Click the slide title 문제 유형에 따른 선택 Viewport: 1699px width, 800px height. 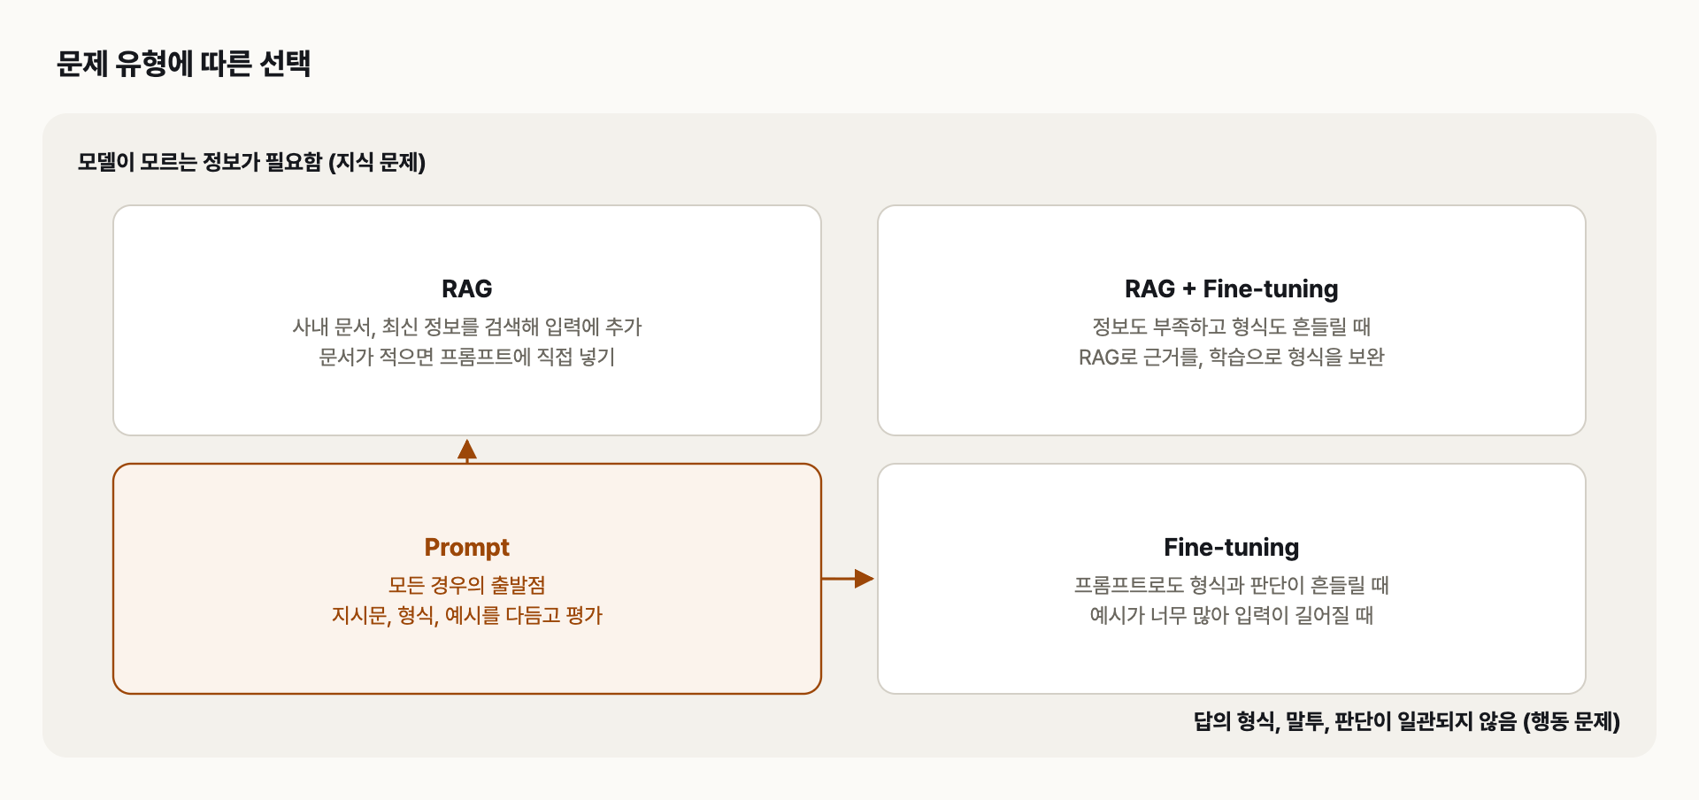coord(183,64)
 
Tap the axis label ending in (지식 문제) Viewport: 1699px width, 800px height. coord(251,162)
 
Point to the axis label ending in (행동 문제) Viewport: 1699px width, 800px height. coord(1407,721)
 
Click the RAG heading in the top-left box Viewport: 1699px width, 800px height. coord(466,288)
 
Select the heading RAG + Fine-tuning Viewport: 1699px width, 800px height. coord(1231,289)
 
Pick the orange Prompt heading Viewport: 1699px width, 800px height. coord(466,548)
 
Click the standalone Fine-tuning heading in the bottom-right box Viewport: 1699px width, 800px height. coord(1231,548)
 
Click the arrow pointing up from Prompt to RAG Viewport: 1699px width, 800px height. coord(467,450)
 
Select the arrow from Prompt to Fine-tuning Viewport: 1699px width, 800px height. coord(848,579)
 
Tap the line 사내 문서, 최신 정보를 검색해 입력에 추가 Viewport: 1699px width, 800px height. coord(466,327)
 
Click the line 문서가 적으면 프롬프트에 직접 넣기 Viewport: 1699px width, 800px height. coord(466,357)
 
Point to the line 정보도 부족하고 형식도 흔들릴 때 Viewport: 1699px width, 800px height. coord(1231,327)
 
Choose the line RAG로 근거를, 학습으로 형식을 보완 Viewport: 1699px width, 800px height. coord(1231,357)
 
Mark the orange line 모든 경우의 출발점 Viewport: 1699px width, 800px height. coord(466,585)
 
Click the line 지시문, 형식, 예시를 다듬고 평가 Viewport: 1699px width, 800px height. coord(466,615)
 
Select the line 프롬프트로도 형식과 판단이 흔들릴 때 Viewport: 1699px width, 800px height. coord(1231,585)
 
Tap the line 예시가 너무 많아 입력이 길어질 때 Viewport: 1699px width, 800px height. coord(1231,615)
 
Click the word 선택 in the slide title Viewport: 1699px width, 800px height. coord(285,64)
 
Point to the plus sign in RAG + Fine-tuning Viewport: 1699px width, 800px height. coord(1188,289)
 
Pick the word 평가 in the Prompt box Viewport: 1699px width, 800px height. coord(583,615)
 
